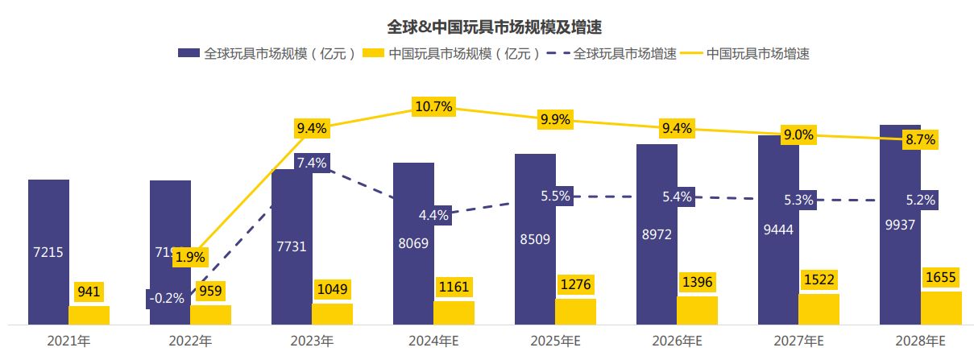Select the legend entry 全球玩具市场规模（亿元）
(267, 54)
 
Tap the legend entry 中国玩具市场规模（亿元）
(452, 54)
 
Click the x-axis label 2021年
(68, 341)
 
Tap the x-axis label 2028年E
(920, 341)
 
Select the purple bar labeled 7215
(48, 251)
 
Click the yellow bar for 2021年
(89, 315)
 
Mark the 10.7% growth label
(433, 106)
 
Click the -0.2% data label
(167, 298)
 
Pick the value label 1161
(454, 286)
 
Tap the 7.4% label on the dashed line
(311, 163)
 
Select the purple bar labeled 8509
(535, 238)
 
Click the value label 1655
(941, 276)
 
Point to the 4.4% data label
(433, 215)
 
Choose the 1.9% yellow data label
(190, 258)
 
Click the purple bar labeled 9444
(778, 230)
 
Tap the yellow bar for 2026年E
(697, 311)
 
